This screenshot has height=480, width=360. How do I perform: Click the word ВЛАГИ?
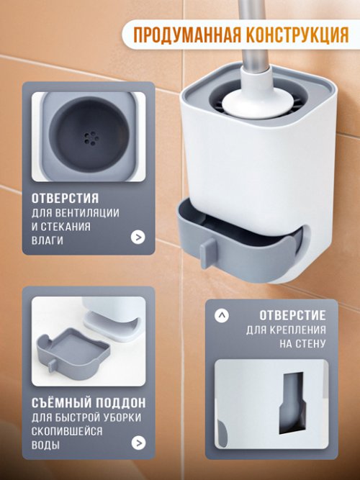[46, 240]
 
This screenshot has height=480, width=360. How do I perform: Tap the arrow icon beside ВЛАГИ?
[138, 237]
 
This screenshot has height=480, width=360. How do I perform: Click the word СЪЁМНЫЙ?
[61, 402]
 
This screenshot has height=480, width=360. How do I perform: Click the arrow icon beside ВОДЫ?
[138, 443]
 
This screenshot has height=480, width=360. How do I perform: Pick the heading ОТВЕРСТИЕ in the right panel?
[291, 315]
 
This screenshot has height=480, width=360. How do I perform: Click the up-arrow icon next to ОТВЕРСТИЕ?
[222, 315]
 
